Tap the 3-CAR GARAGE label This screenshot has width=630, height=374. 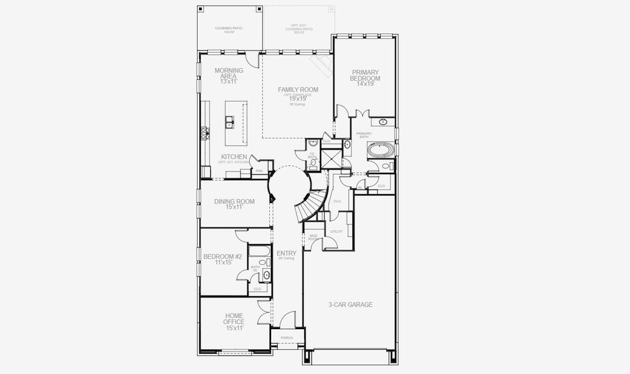click(x=350, y=305)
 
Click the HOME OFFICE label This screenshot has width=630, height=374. click(x=234, y=319)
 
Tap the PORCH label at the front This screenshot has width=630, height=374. click(x=287, y=338)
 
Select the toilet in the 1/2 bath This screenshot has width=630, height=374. click(x=313, y=165)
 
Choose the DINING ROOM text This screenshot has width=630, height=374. click(x=234, y=201)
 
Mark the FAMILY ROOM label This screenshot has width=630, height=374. click(x=298, y=90)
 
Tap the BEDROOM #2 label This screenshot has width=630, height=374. click(x=222, y=256)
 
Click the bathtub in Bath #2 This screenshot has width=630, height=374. click(x=259, y=252)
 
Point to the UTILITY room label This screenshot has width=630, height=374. click(x=336, y=231)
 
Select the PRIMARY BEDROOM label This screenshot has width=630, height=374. click(x=365, y=75)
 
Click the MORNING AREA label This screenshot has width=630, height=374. click(x=229, y=74)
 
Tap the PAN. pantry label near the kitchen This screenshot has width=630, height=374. click(x=259, y=170)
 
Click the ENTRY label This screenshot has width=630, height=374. click(x=287, y=253)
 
